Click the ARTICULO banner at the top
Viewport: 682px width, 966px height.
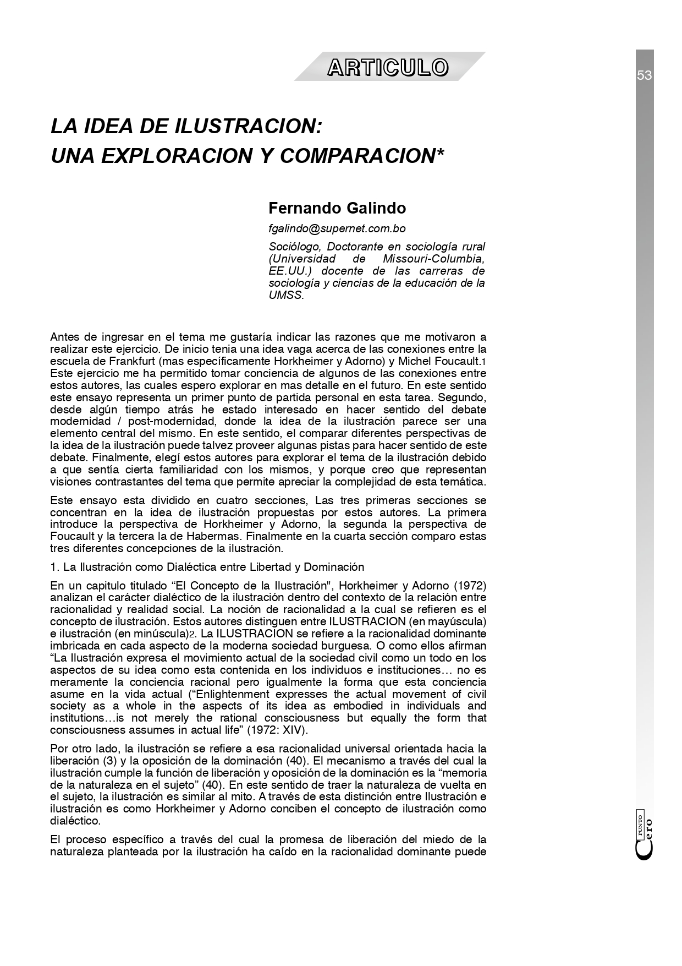pyautogui.click(x=388, y=68)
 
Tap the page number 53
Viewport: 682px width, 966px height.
pyautogui.click(x=644, y=75)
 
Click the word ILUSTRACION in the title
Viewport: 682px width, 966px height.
pyautogui.click(x=248, y=127)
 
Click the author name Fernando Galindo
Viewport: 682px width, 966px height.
pyautogui.click(x=337, y=208)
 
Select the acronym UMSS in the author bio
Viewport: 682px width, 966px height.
pyautogui.click(x=285, y=295)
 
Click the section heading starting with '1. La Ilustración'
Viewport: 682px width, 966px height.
pyautogui.click(x=207, y=566)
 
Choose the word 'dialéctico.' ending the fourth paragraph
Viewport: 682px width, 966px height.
pyautogui.click(x=75, y=821)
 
